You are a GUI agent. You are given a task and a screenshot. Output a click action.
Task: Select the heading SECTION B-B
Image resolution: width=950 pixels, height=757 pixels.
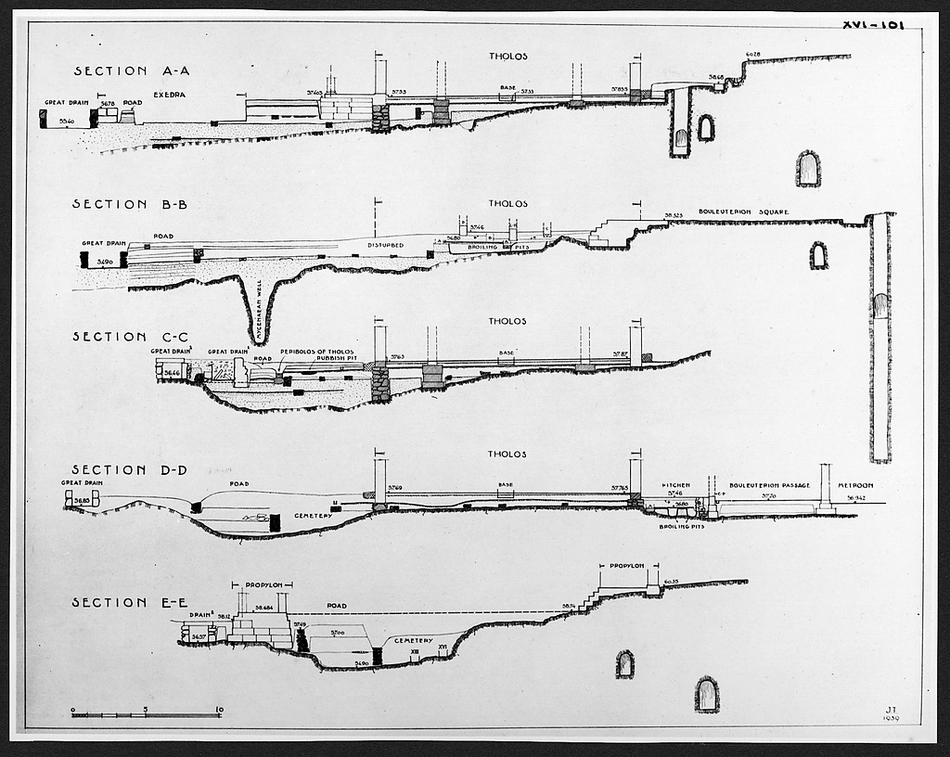pyautogui.click(x=130, y=204)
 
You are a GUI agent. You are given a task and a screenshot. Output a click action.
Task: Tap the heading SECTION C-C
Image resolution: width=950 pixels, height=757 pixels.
pyautogui.click(x=130, y=337)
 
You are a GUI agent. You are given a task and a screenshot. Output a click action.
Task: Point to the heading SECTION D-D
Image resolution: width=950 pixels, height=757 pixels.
pyautogui.click(x=130, y=469)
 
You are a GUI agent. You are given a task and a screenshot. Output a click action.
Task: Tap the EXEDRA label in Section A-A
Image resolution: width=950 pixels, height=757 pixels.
pyautogui.click(x=170, y=95)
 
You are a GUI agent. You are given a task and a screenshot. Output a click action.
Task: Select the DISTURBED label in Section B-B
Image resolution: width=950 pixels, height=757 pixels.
pyautogui.click(x=385, y=245)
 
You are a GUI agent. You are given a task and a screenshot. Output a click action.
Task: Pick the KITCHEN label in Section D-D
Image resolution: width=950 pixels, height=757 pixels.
pyautogui.click(x=675, y=485)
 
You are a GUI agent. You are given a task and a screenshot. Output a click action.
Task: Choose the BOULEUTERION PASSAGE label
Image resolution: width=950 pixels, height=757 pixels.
pyautogui.click(x=770, y=485)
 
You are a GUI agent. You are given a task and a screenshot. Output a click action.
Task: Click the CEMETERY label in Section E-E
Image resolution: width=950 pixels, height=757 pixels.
pyautogui.click(x=414, y=640)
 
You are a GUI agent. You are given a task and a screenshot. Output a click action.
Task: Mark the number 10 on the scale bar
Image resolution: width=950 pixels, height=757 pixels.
pyautogui.click(x=219, y=711)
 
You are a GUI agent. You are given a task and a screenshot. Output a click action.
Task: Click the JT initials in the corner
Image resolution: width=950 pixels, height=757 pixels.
pyautogui.click(x=892, y=709)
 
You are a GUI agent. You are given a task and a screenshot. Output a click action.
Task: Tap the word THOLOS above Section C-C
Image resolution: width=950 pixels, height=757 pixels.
pyautogui.click(x=507, y=322)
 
